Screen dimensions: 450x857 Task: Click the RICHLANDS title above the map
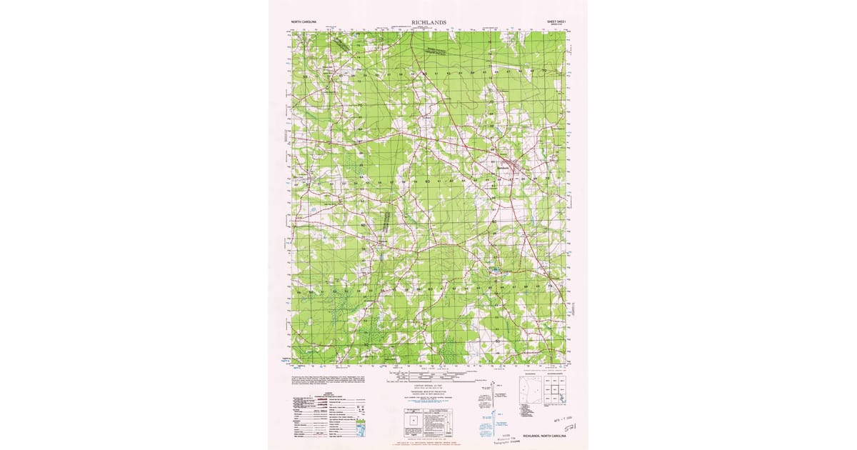(x=428, y=23)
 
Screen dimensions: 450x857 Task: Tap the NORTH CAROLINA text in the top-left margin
(x=304, y=23)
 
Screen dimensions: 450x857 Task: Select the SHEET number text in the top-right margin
(x=556, y=23)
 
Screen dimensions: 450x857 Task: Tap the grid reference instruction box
(x=428, y=421)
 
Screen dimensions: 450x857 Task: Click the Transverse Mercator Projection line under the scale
(x=427, y=391)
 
